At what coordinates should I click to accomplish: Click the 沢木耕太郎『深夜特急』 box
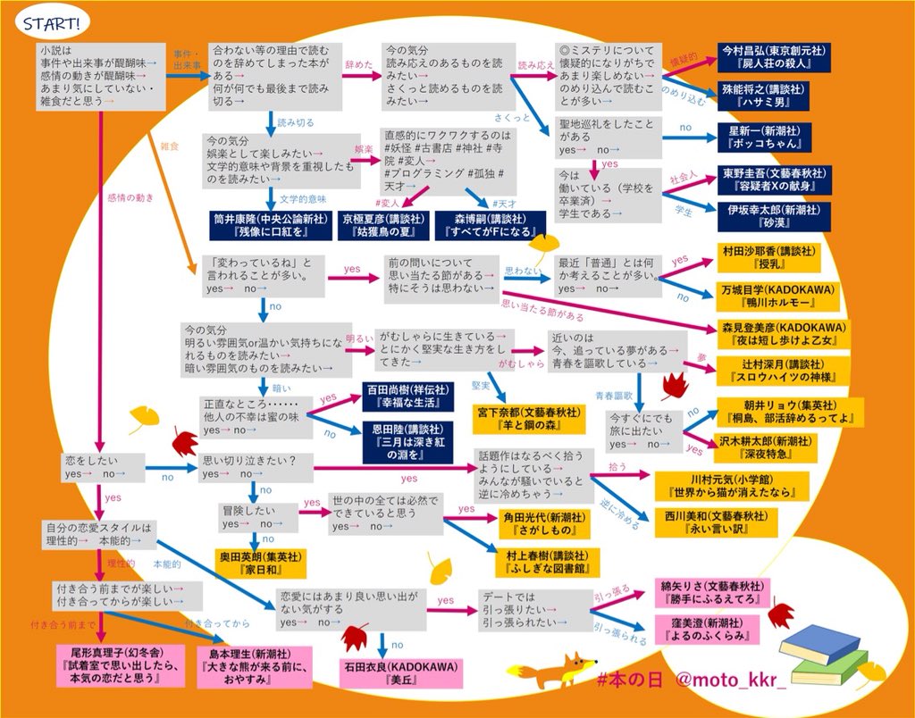pos(766,447)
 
